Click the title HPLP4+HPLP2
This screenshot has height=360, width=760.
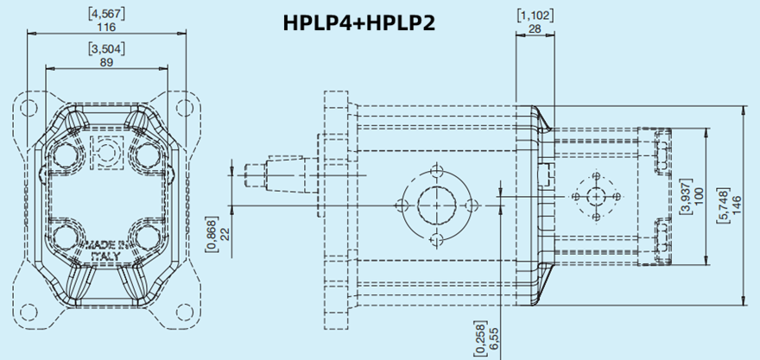click(x=358, y=23)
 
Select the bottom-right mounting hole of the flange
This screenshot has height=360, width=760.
click(x=183, y=312)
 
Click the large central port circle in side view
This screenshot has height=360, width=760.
click(x=436, y=205)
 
